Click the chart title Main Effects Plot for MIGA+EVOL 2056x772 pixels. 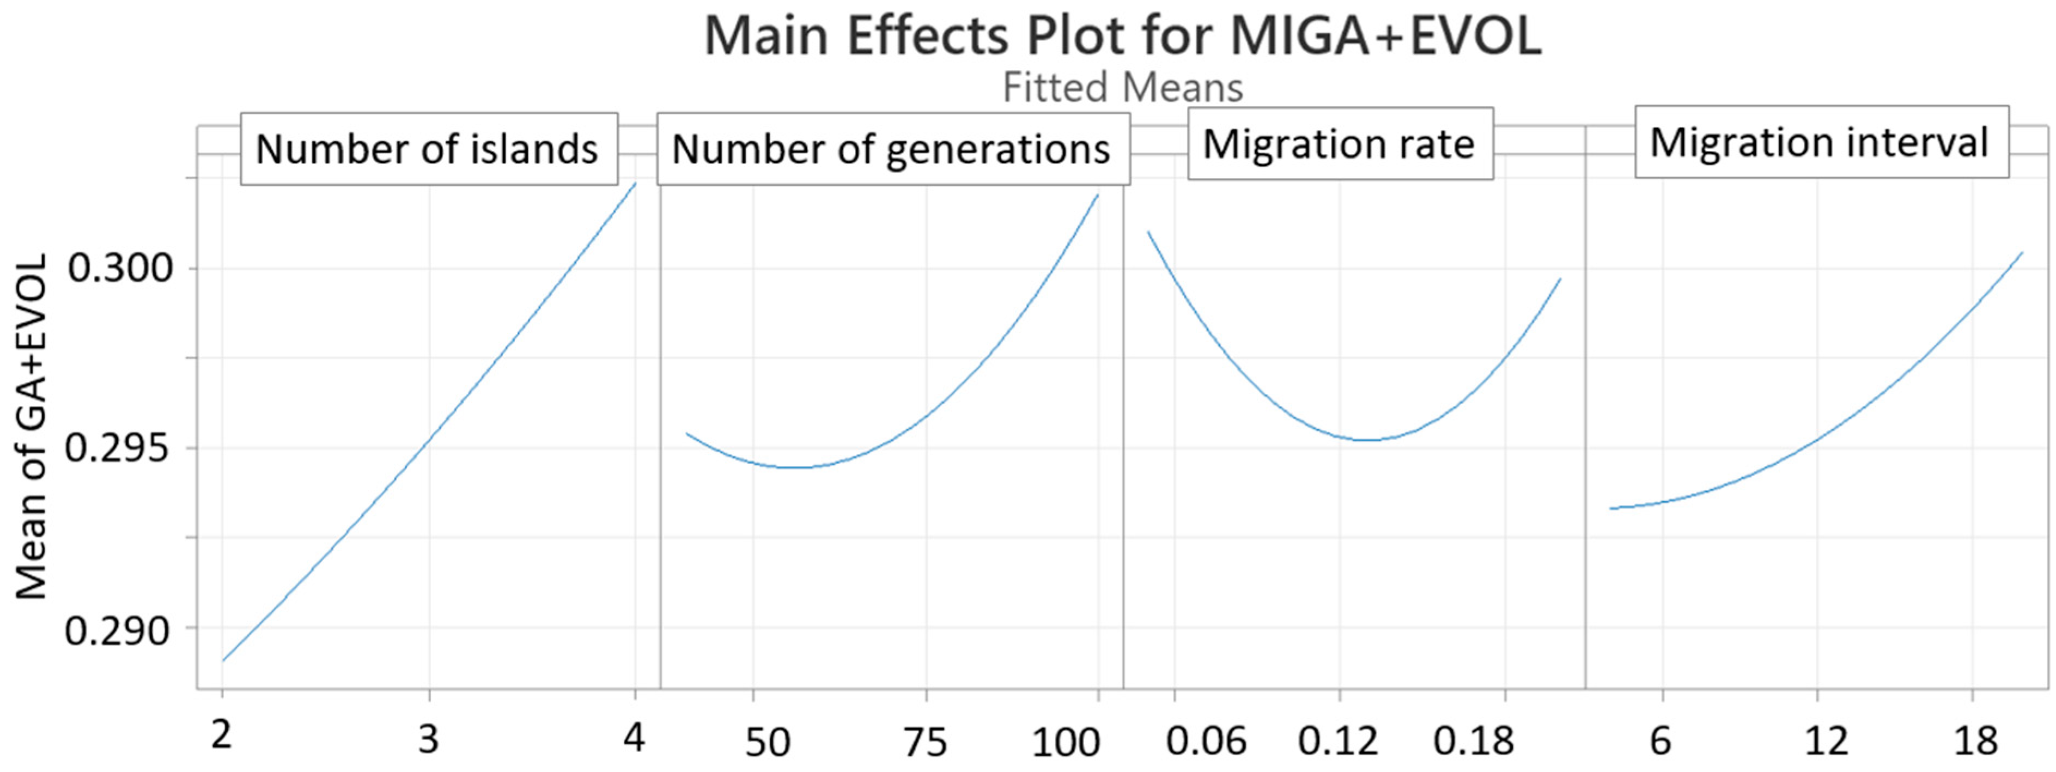[1122, 37]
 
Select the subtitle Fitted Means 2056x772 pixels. [1122, 88]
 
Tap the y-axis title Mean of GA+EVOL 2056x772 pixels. [32, 427]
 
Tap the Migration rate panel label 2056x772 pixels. [1339, 144]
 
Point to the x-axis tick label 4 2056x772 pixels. [634, 737]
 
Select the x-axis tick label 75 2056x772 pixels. [926, 743]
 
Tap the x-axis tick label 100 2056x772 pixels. [1066, 743]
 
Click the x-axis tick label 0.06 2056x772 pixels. [1205, 741]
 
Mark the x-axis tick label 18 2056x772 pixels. [1975, 741]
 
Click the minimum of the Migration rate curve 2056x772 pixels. [1368, 440]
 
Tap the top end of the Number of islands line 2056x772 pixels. [635, 183]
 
